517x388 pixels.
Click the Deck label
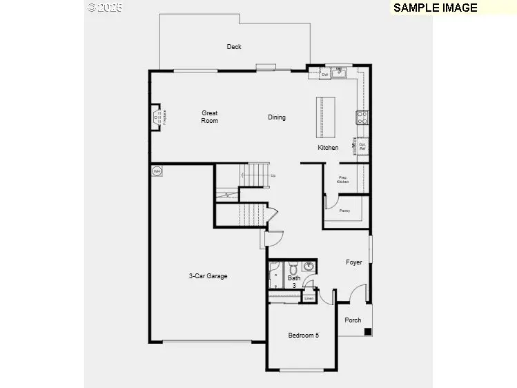click(234, 47)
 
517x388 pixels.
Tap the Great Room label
click(210, 117)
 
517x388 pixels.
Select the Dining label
click(277, 117)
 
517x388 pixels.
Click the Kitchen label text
click(328, 148)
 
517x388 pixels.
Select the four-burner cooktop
click(362, 117)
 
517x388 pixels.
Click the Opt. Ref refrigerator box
click(362, 146)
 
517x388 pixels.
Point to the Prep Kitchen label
click(343, 180)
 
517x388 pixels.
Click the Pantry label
click(344, 210)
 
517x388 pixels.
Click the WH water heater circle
click(157, 171)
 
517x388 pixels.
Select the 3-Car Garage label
click(208, 276)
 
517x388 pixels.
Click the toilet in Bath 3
click(293, 268)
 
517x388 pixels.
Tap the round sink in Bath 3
click(309, 267)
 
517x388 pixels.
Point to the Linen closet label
click(309, 298)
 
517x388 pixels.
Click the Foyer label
click(354, 262)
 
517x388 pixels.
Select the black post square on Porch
click(368, 331)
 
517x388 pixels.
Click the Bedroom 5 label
click(304, 336)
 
